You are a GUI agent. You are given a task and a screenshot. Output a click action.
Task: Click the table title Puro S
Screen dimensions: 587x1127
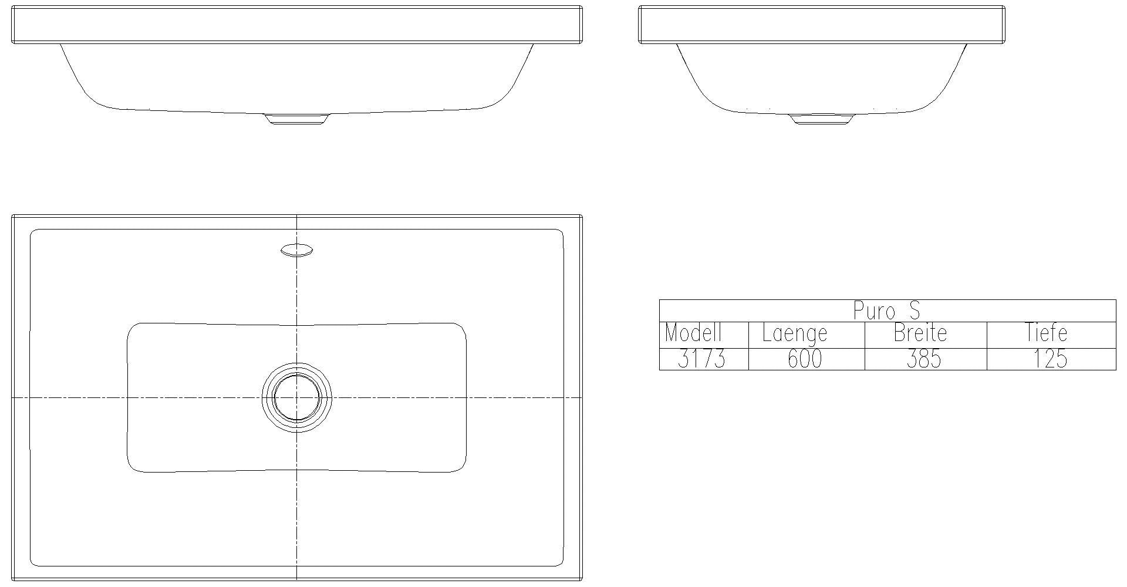pos(886,311)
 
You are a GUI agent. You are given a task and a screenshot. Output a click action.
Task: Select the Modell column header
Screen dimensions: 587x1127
pos(693,333)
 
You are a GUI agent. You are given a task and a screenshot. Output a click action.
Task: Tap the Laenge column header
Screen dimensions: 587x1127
pos(794,333)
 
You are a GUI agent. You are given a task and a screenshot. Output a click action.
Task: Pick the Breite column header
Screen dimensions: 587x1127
pos(920,333)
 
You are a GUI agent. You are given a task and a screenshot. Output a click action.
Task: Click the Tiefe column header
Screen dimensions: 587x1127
pos(1046,333)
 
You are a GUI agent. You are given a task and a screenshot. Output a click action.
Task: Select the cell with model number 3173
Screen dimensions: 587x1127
pos(701,359)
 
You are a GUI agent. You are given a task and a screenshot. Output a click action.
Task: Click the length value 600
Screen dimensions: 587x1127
pos(805,359)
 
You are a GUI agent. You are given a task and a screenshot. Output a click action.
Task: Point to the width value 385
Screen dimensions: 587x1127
pos(923,359)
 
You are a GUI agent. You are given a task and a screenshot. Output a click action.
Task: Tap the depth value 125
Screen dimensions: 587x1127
pos(1050,359)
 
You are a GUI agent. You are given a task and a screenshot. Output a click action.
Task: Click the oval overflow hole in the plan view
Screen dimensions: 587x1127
pos(296,251)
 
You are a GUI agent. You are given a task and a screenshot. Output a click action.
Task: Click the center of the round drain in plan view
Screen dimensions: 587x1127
pos(296,398)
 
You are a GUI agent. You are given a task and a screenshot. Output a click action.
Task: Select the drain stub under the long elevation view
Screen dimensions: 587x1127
pos(296,119)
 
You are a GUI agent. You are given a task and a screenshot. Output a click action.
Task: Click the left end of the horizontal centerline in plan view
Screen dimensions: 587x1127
pos(14,398)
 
